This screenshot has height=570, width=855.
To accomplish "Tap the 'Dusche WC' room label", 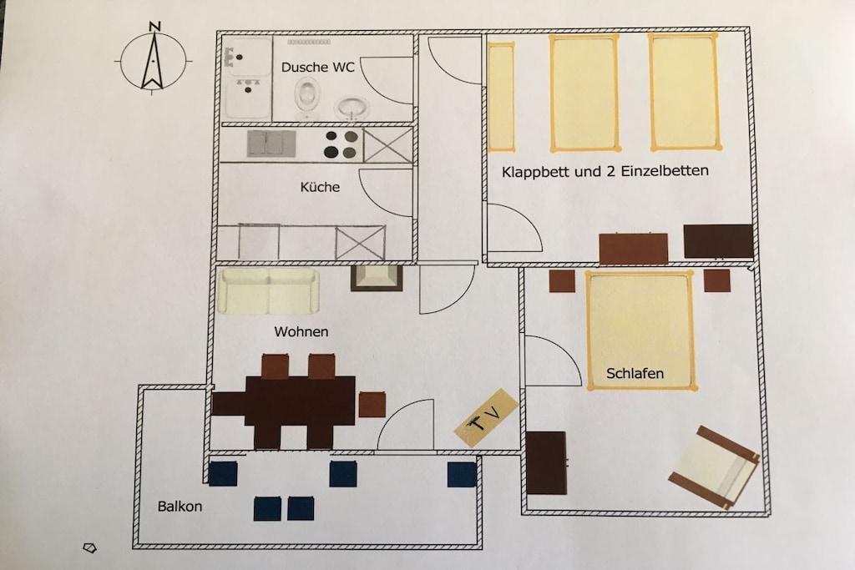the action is pyautogui.click(x=318, y=67).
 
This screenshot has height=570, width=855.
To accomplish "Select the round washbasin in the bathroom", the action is pyautogui.click(x=352, y=108).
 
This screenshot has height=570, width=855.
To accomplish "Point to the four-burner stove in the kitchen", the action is pyautogui.click(x=341, y=144).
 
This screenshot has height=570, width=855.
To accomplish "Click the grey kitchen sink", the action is pyautogui.click(x=271, y=144).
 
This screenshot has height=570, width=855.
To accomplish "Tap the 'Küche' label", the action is pyautogui.click(x=320, y=187).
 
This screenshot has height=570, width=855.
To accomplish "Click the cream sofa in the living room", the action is pyautogui.click(x=268, y=291).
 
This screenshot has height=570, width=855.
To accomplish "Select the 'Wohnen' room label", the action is pyautogui.click(x=301, y=331).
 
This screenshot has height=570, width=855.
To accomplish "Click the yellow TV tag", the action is pyautogui.click(x=487, y=417).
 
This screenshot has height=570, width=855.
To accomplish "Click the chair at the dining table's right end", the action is pyautogui.click(x=372, y=405).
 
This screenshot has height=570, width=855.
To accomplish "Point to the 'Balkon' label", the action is pyautogui.click(x=180, y=507).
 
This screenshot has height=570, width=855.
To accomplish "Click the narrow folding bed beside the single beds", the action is pyautogui.click(x=502, y=98).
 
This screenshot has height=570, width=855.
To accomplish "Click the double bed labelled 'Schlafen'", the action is pyautogui.click(x=640, y=330).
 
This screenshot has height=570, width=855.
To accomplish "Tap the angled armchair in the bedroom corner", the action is pyautogui.click(x=715, y=467).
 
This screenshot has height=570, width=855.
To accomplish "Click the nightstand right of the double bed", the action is pyautogui.click(x=716, y=280).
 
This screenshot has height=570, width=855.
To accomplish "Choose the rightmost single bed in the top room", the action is pyautogui.click(x=685, y=92).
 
